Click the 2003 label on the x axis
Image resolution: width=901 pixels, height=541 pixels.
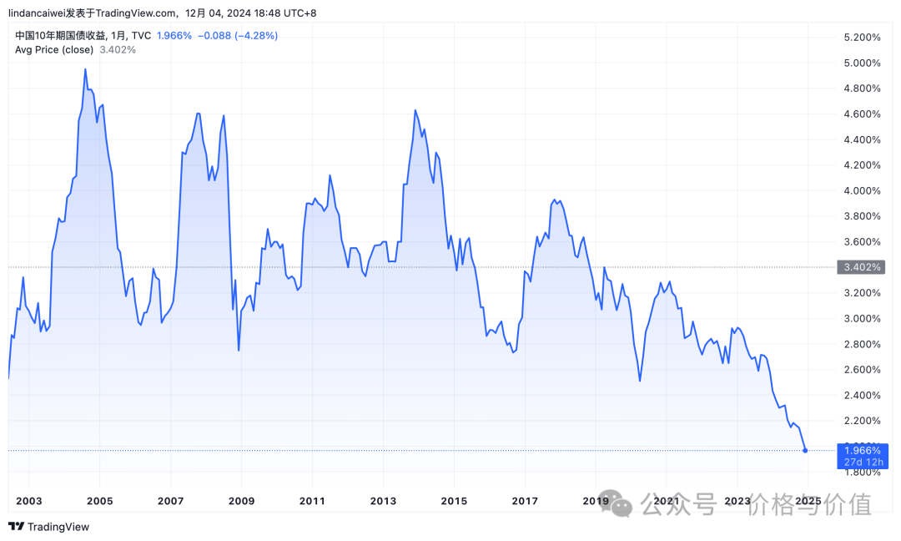29,500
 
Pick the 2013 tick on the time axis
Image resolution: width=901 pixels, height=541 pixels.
383,500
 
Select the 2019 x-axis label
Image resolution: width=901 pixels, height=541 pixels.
596,500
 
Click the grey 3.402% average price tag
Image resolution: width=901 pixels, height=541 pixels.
863,267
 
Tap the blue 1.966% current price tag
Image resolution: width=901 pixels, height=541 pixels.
863,451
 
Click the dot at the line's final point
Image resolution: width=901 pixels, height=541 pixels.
805,451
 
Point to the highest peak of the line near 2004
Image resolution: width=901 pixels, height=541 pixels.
85,69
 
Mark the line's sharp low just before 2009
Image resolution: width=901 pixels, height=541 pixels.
239,349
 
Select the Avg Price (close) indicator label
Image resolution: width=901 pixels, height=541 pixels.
54,49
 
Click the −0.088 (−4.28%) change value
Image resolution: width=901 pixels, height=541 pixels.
237,36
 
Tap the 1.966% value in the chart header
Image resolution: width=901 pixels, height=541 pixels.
174,36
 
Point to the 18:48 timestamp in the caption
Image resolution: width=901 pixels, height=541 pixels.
254,13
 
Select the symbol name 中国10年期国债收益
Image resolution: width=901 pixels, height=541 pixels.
60,36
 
